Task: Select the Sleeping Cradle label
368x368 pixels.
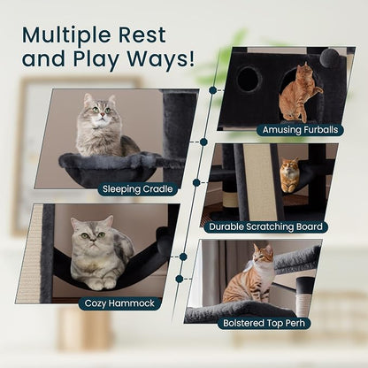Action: point(138,188)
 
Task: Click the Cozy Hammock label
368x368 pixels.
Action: point(119,303)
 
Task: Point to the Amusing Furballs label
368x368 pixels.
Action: point(300,130)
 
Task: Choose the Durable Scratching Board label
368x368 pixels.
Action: point(265,226)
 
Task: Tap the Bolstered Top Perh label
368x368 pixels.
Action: point(264,323)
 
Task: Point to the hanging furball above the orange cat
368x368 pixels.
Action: point(330,57)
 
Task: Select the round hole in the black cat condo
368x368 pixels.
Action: point(249,79)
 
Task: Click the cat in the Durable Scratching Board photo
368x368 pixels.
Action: point(290,174)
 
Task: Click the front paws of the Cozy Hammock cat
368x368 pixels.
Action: point(102,284)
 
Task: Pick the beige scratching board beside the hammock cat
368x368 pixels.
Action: point(29,254)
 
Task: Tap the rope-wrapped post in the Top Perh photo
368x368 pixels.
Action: point(304,295)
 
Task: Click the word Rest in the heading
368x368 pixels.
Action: point(142,35)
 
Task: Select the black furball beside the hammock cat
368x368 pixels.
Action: point(164,241)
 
